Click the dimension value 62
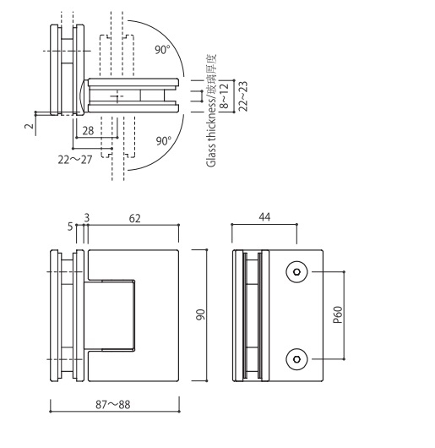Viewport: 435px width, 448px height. coord(134,218)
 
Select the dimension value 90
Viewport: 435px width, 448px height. coord(200,314)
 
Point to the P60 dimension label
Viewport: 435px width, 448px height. coord(337,316)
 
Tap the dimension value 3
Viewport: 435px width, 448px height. coord(85,217)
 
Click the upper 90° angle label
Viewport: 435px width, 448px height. coord(162,50)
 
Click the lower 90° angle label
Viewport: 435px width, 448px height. coord(162,139)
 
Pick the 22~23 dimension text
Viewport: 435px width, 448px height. coord(245,96)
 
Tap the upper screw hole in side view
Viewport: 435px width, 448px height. coord(296,272)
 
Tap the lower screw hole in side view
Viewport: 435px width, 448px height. coord(296,359)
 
